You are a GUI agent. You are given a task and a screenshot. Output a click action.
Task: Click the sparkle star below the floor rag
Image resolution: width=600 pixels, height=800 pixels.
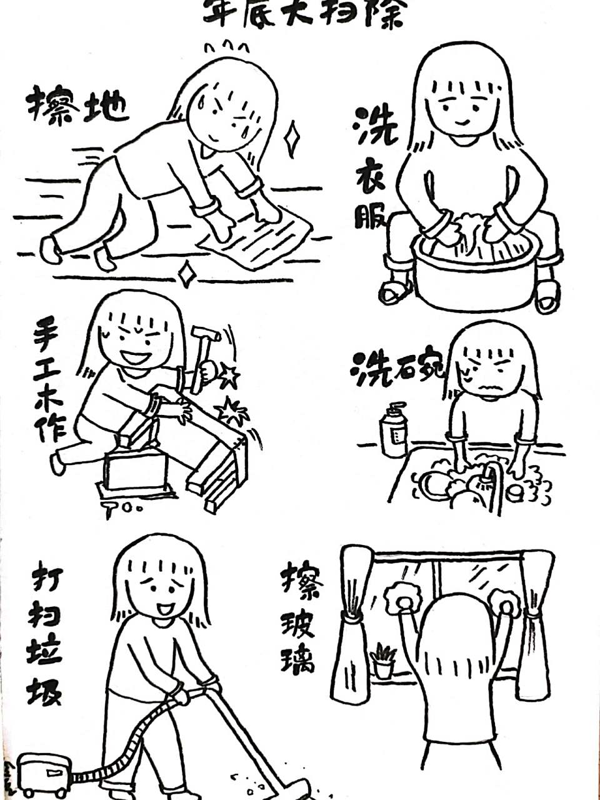[x=185, y=275]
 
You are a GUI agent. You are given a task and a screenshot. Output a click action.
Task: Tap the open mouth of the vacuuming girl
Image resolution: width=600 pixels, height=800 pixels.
[x=164, y=607]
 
